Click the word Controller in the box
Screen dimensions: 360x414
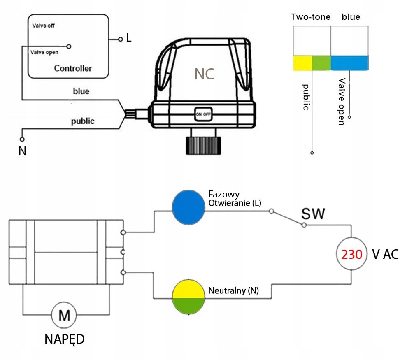[x=73, y=68]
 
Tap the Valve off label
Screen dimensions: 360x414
[x=43, y=26]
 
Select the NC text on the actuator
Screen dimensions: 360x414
[x=205, y=74]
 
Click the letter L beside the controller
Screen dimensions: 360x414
[x=129, y=38]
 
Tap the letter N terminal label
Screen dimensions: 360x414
[x=22, y=151]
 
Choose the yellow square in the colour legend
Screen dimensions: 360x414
[x=302, y=63]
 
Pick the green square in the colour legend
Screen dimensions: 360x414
[x=321, y=63]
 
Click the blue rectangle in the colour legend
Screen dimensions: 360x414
[x=349, y=63]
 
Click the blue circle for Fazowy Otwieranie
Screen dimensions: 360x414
[x=188, y=208]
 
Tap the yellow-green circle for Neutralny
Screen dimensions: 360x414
[x=188, y=298]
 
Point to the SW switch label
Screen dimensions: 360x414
[x=313, y=214]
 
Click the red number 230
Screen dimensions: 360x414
[x=352, y=255]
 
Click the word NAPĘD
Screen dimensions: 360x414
[x=65, y=339]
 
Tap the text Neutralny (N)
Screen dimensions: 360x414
[x=233, y=290]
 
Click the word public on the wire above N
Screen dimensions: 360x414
[x=83, y=121]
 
